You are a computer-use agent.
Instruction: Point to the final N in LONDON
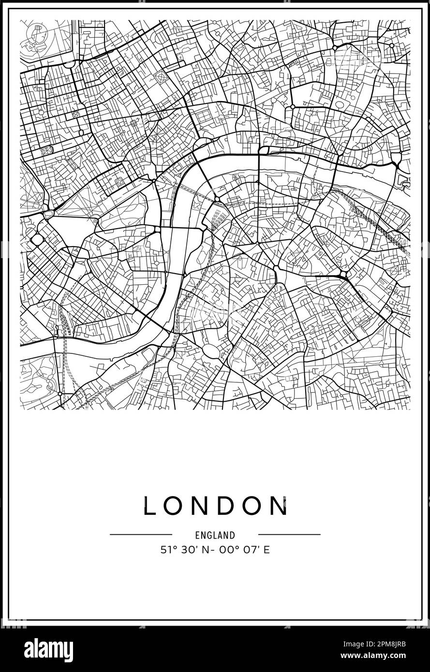(279, 506)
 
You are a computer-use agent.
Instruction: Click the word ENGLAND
(215, 535)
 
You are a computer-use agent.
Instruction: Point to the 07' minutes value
(250, 550)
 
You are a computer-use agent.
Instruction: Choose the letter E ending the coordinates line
(267, 550)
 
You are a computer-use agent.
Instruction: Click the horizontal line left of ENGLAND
(141, 534)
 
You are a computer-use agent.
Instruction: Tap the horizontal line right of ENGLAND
(289, 534)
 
